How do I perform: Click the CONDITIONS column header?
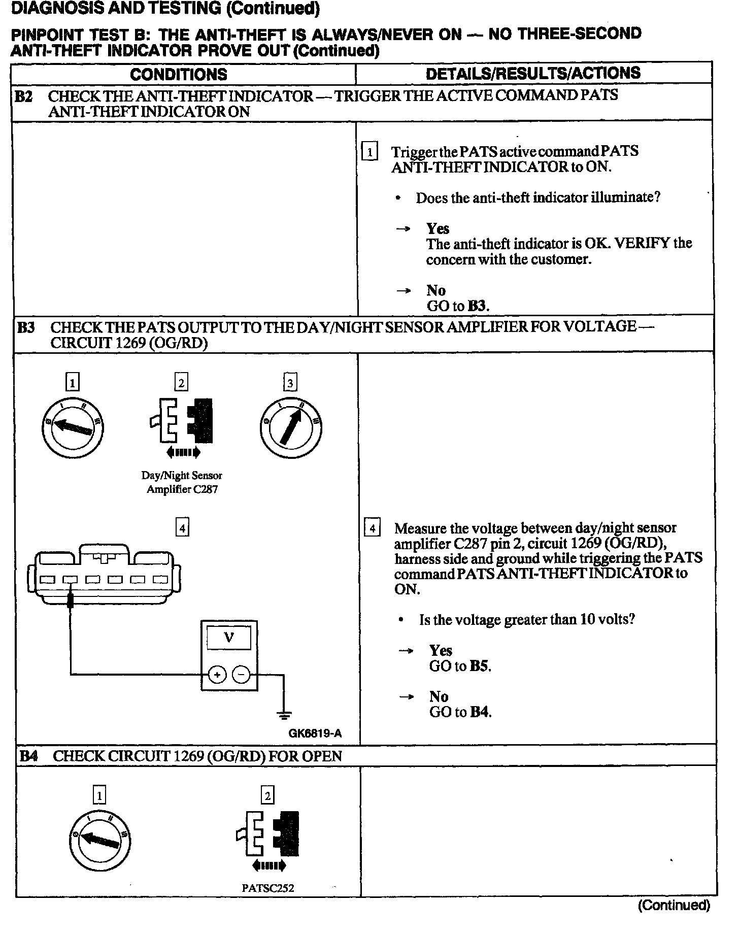(179, 74)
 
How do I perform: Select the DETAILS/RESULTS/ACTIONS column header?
(533, 74)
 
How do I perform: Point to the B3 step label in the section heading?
(26, 327)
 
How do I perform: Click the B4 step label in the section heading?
(28, 756)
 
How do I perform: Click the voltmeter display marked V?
(229, 638)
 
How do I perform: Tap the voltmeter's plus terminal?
(217, 675)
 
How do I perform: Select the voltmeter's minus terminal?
(241, 675)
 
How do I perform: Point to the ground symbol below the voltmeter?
(284, 716)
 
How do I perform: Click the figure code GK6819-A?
(315, 733)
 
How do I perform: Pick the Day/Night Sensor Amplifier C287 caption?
(182, 483)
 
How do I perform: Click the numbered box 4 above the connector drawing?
(182, 528)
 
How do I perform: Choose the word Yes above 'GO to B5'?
(441, 651)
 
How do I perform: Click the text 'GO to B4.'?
(460, 712)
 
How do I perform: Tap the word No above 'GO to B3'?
(436, 290)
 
